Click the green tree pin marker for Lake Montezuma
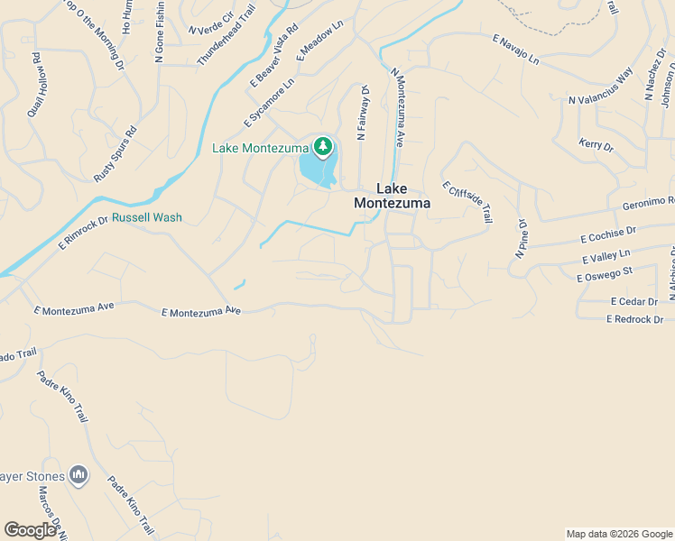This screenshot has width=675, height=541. click(322, 145)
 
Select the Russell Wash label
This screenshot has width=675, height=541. click(146, 217)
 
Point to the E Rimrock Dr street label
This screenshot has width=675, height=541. click(83, 232)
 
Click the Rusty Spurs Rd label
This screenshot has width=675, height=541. click(116, 155)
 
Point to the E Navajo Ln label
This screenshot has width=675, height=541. click(515, 50)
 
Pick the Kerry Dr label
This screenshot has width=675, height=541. click(596, 145)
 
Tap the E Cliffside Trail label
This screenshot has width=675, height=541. click(467, 202)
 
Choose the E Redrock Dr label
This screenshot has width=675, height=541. click(634, 319)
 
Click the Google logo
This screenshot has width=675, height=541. click(30, 530)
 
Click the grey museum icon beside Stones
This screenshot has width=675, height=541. click(79, 474)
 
